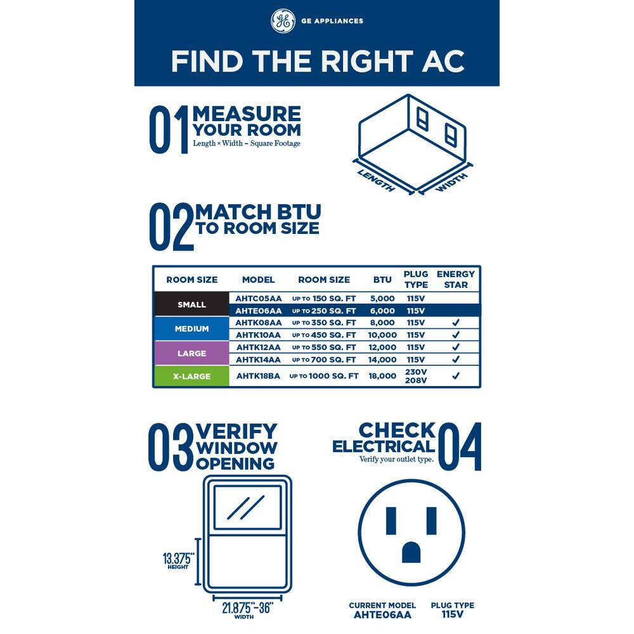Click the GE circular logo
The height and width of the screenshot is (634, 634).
click(x=283, y=21)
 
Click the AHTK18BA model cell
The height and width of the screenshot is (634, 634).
click(x=259, y=376)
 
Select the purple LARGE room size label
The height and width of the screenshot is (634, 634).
click(x=191, y=353)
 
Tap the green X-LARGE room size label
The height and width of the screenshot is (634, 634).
click(x=191, y=376)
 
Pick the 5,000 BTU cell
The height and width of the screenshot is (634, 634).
click(x=382, y=299)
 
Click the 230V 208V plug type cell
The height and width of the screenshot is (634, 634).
click(x=416, y=376)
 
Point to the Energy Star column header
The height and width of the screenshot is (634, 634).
click(x=456, y=280)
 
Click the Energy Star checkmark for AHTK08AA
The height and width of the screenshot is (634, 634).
click(x=456, y=323)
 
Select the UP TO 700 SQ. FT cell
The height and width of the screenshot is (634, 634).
click(x=324, y=359)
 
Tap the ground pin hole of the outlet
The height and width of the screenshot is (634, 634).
click(x=411, y=552)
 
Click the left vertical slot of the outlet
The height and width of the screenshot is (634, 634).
click(x=391, y=521)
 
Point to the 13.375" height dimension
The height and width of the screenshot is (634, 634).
click(x=178, y=561)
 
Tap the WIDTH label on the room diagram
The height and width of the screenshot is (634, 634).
click(x=452, y=183)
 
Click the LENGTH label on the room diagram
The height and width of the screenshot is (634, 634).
click(x=376, y=180)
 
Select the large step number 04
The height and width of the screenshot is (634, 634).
click(x=460, y=446)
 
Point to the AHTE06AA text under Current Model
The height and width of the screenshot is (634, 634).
click(x=382, y=614)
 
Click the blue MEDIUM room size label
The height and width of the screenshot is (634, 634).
click(x=191, y=328)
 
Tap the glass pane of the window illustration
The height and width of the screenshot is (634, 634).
click(x=247, y=507)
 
